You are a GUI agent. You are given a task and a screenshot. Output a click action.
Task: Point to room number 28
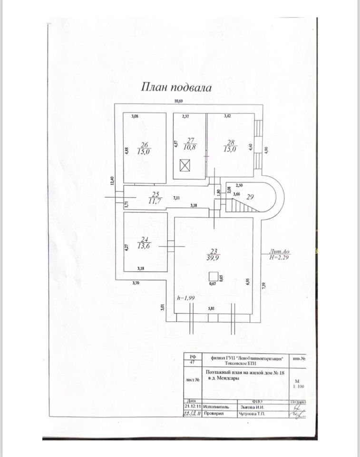tap(232, 141)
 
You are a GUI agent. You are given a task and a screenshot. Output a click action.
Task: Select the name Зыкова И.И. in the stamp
tap(252, 407)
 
